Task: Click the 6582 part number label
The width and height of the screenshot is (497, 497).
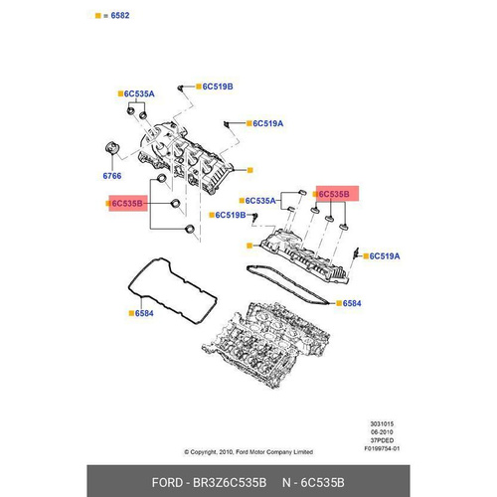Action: (120, 16)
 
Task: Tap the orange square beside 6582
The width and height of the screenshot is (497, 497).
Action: (97, 16)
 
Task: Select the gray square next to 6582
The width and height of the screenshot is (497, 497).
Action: (105, 16)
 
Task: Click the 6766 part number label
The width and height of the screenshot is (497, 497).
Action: (112, 176)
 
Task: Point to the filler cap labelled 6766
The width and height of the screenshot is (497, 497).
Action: (112, 148)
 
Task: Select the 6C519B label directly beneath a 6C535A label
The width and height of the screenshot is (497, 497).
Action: (231, 216)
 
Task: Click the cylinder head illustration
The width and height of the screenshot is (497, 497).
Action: (265, 345)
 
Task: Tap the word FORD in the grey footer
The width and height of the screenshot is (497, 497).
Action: (167, 483)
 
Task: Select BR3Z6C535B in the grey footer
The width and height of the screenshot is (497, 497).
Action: (230, 483)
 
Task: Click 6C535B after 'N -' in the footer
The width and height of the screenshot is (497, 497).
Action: (322, 483)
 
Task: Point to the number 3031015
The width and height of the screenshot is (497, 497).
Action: (382, 423)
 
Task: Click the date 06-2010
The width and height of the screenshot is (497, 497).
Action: (382, 432)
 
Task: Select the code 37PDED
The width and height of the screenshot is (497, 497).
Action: (382, 440)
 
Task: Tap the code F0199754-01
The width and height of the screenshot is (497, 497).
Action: (382, 448)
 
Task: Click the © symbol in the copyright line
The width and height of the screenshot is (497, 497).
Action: (187, 452)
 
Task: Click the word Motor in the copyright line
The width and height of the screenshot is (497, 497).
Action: (257, 452)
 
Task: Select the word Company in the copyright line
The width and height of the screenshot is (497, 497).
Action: (280, 452)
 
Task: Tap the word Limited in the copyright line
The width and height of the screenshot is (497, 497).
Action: (303, 452)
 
